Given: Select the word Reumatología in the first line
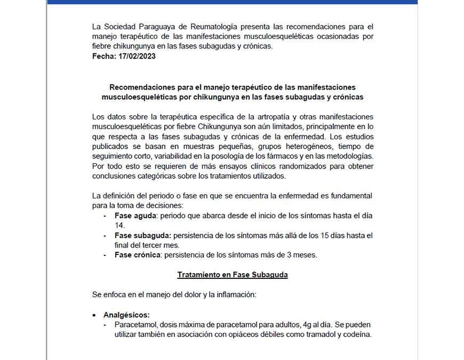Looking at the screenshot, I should pyautogui.click(x=210, y=26).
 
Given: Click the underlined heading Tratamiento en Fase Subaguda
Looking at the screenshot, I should pyautogui.click(x=232, y=275).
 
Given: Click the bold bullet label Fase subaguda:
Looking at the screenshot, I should pyautogui.click(x=142, y=235).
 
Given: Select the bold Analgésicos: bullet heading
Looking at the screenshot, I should pyautogui.click(x=126, y=314).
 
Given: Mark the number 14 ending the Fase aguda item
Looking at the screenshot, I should pyautogui.click(x=119, y=226).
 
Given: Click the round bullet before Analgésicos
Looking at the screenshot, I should pyautogui.click(x=94, y=315).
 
